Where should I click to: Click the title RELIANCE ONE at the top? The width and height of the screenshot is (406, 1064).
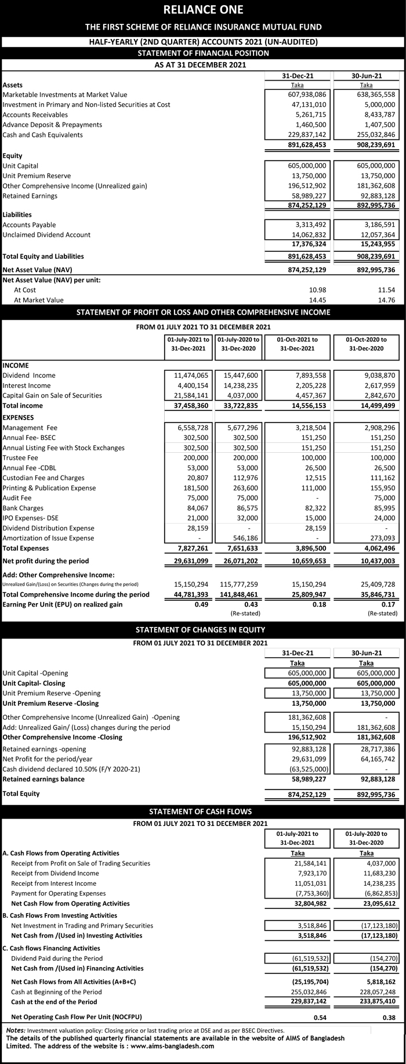coord(203,9)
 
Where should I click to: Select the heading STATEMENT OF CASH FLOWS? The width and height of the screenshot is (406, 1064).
coord(203,811)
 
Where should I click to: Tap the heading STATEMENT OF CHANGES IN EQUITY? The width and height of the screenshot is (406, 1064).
coord(203,630)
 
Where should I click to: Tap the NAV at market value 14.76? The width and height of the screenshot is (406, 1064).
coord(386,300)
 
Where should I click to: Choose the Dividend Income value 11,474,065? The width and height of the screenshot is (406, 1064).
coord(189,376)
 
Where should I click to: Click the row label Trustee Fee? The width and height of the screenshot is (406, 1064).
coord(20,458)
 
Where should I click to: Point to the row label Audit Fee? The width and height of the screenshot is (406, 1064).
coord(17,498)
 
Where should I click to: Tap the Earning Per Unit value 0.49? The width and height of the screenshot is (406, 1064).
coord(201,604)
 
